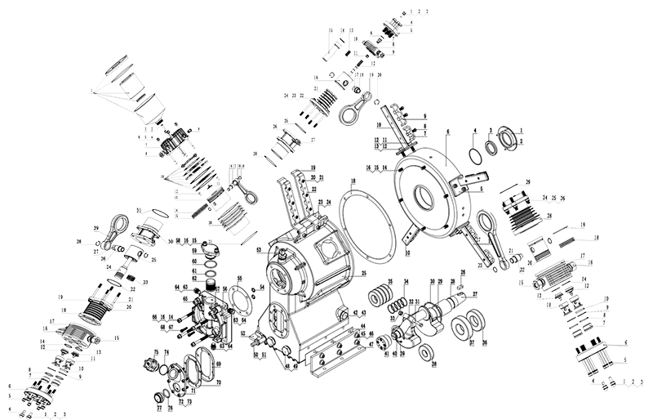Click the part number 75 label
[154, 353]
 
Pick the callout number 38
[433, 364]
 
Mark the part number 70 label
[218, 382]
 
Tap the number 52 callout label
[242, 334]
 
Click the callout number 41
[386, 354]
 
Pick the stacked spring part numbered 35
[380, 296]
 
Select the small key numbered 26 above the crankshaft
[460, 286]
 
